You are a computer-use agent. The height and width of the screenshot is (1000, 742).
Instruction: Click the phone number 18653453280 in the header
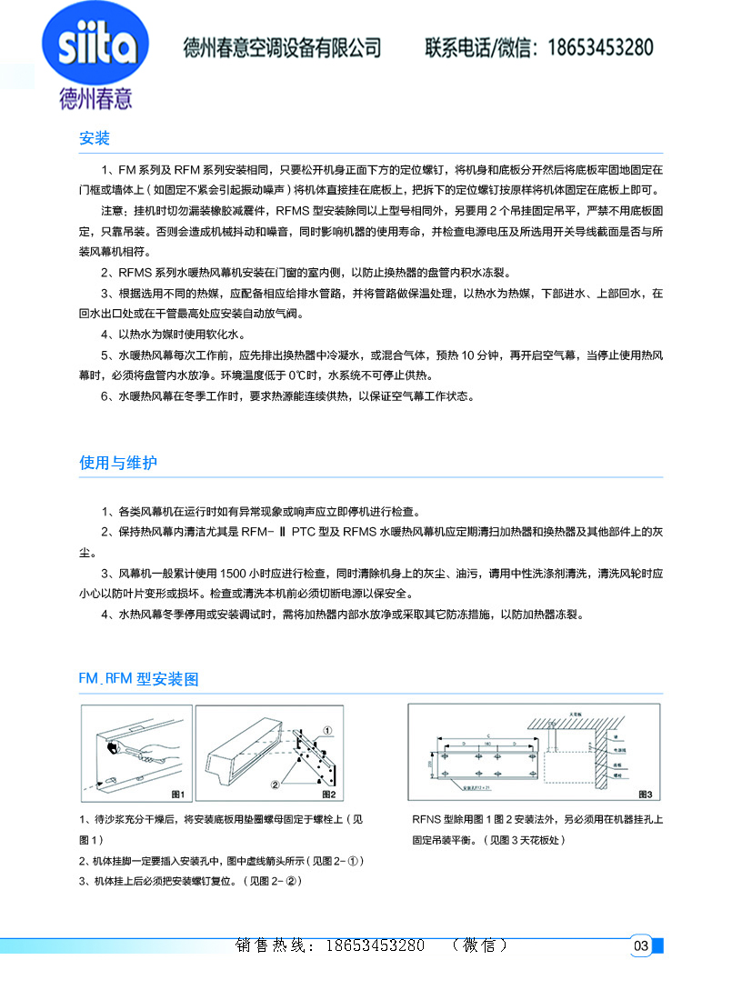[x=599, y=48]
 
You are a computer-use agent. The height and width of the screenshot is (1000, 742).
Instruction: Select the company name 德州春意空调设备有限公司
[x=282, y=48]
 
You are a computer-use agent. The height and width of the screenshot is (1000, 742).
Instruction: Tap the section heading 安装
[x=95, y=139]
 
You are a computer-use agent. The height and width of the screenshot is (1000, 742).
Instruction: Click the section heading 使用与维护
[x=118, y=463]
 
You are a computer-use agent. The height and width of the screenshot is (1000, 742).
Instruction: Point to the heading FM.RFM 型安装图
[x=138, y=679]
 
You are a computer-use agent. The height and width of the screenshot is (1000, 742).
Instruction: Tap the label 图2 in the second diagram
[x=330, y=795]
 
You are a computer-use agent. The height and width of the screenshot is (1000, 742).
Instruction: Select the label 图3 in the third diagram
[x=644, y=795]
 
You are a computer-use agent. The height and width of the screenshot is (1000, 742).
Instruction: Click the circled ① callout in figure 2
[x=328, y=728]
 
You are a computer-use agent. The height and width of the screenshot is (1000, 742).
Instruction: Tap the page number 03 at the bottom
[x=640, y=946]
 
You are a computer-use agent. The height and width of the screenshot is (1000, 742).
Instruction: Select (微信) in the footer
[x=479, y=945]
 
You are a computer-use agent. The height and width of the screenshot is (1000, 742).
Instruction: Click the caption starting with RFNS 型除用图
[x=536, y=820]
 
